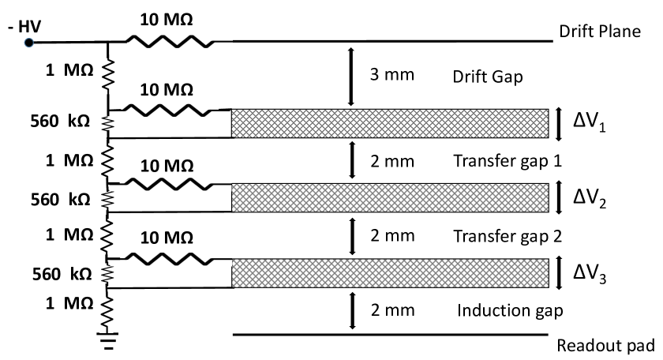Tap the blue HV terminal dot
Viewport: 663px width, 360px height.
pos(28,41)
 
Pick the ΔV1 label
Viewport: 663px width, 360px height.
pos(590,123)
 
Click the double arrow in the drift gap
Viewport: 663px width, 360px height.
pos(351,76)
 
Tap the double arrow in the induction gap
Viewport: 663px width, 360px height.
pos(351,309)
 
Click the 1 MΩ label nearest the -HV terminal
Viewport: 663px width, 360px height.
pos(71,71)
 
